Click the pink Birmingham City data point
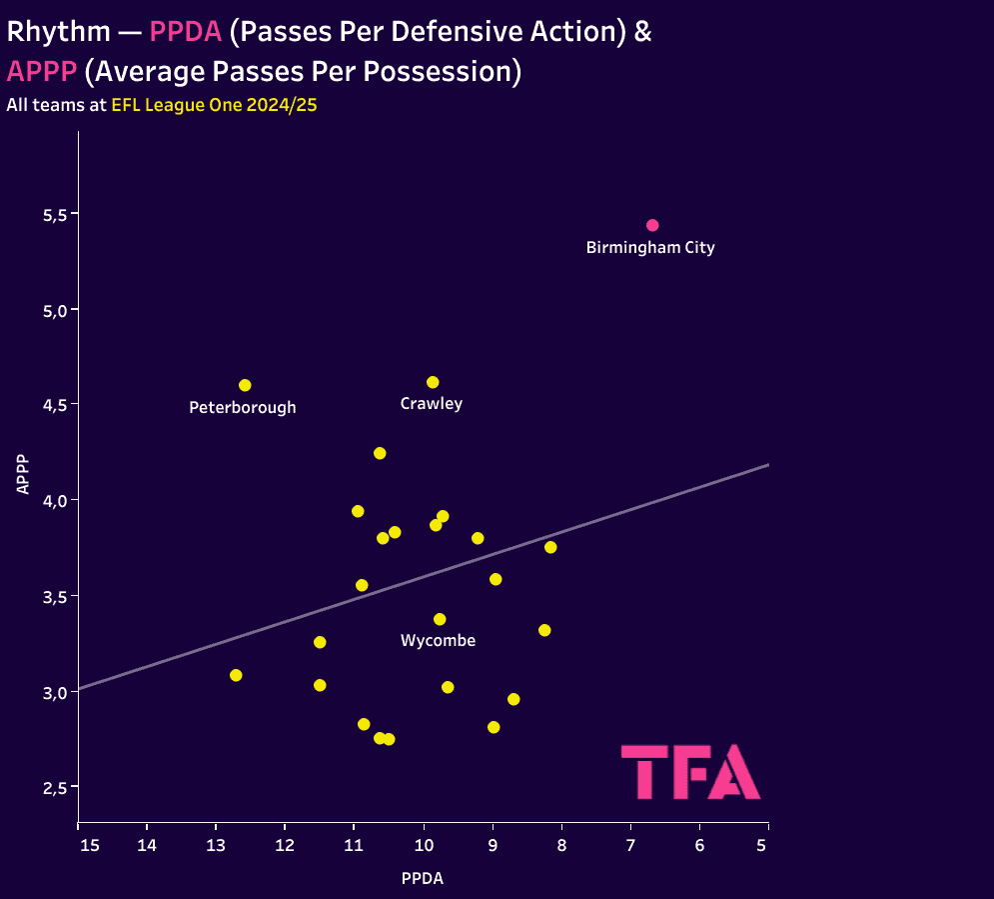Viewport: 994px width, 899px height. tap(652, 225)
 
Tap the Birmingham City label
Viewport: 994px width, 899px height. tap(650, 248)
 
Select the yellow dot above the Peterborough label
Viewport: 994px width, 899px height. tap(245, 385)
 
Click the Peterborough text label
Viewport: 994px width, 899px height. tap(243, 408)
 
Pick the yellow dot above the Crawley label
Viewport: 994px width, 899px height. tap(433, 382)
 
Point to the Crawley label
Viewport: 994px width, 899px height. tap(431, 404)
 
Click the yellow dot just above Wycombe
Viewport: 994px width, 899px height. tap(440, 619)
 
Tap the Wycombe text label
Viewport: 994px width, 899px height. tap(438, 641)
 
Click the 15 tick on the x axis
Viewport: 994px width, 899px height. tap(90, 846)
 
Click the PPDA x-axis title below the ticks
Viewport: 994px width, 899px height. tap(422, 879)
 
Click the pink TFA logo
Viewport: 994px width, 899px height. tap(690, 771)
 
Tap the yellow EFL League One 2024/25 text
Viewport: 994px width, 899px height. tap(214, 104)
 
